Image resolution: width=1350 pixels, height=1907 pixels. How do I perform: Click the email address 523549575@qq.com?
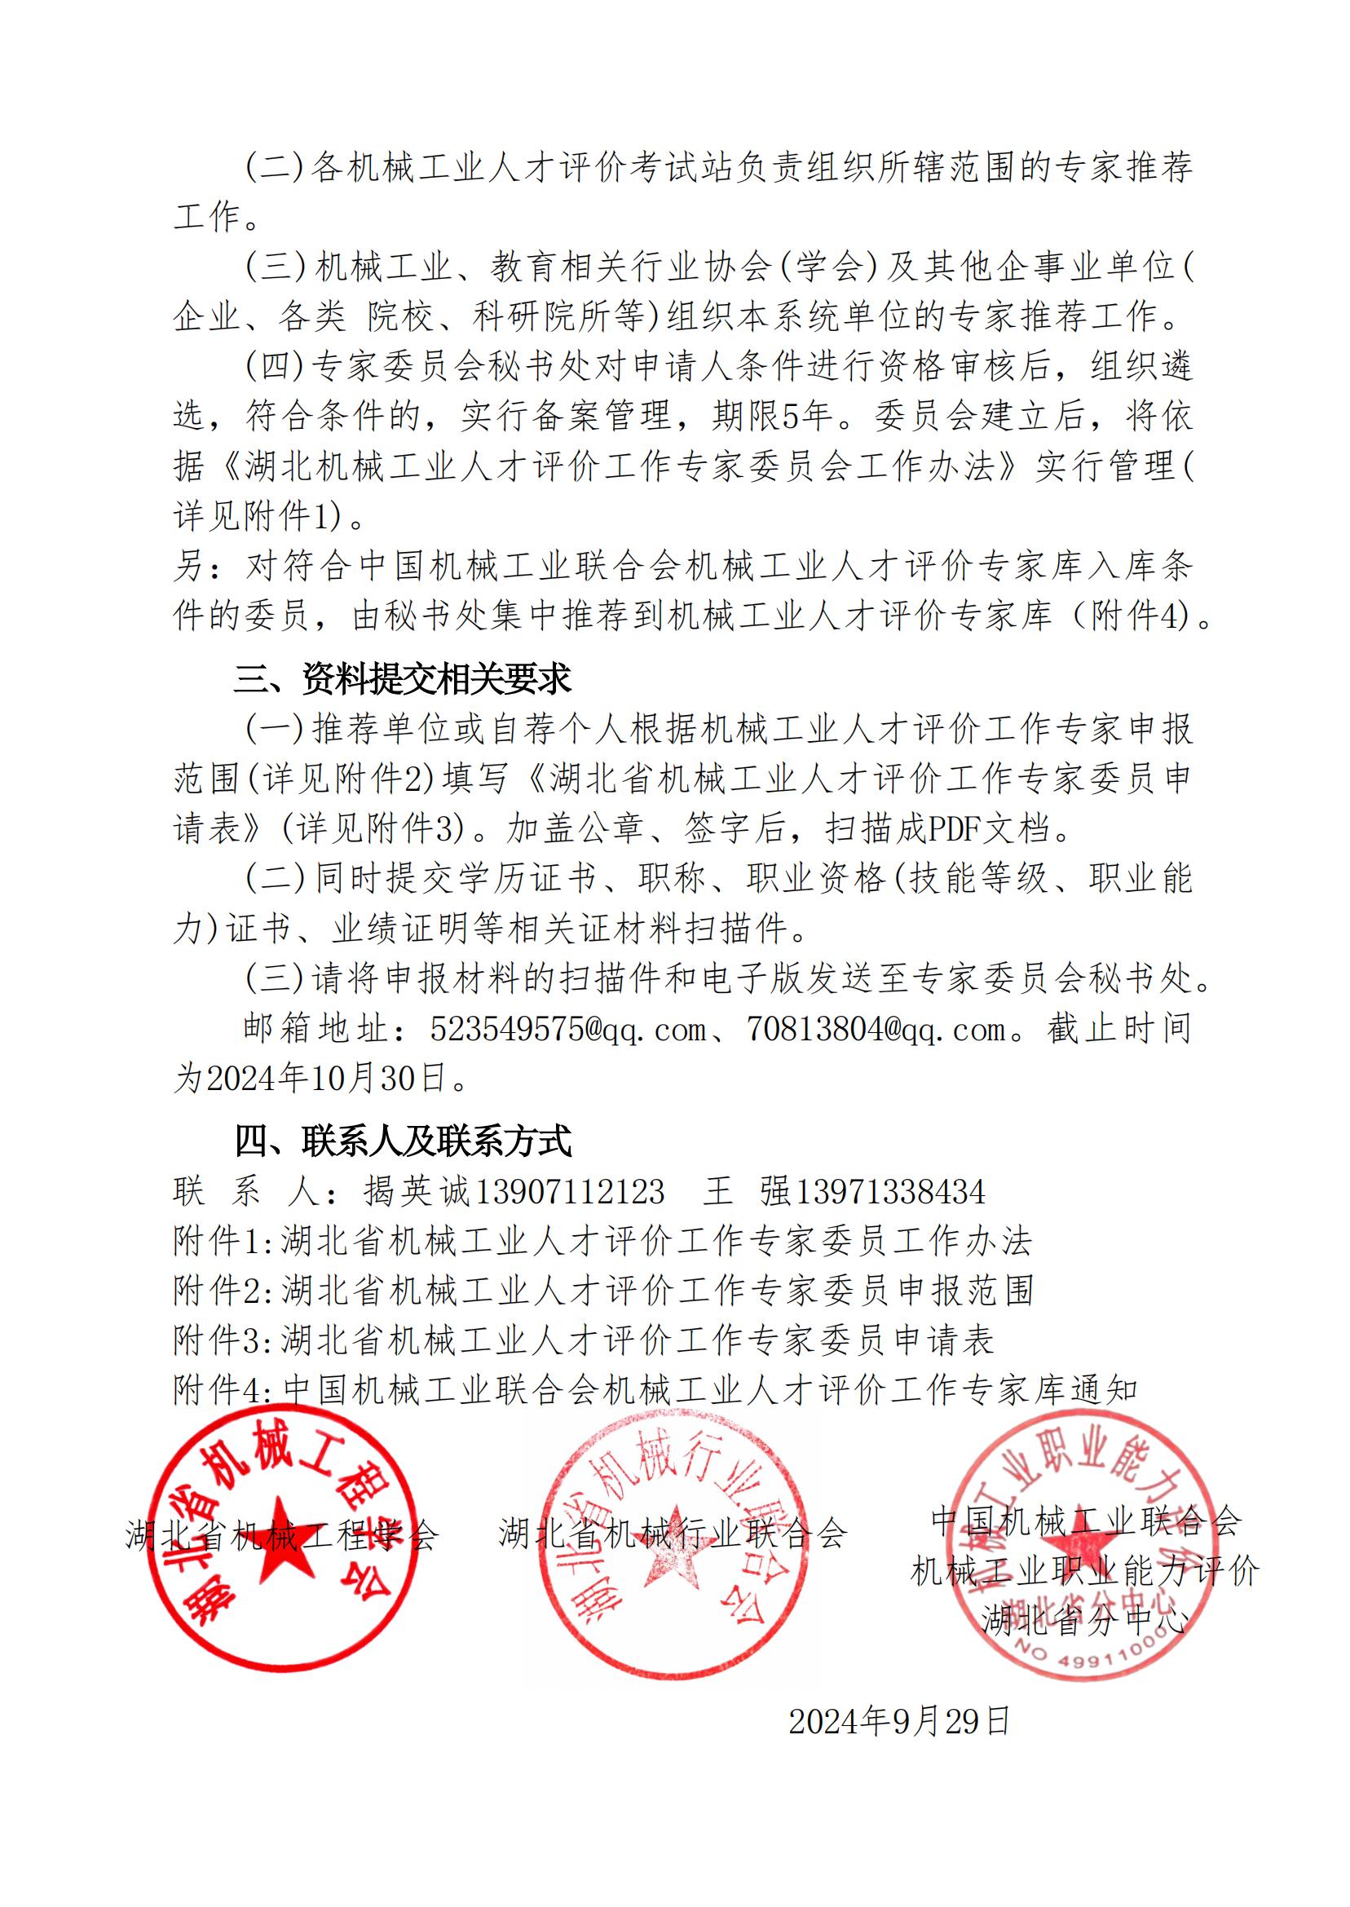[567, 1030]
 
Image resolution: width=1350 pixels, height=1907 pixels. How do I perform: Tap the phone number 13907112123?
[568, 1191]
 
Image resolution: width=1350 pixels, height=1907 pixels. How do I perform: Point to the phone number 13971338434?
[889, 1191]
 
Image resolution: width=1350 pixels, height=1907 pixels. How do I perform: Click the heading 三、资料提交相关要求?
[403, 679]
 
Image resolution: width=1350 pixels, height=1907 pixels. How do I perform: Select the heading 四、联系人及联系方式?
[404, 1141]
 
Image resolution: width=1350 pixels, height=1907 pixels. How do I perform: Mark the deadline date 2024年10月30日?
[320, 1078]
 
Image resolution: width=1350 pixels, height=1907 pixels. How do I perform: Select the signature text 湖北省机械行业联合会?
[673, 1531]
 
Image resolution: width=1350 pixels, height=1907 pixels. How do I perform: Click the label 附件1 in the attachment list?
[218, 1241]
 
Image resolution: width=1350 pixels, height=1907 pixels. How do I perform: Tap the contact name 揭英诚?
[417, 1191]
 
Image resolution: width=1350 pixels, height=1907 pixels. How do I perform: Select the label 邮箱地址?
[315, 1030]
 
